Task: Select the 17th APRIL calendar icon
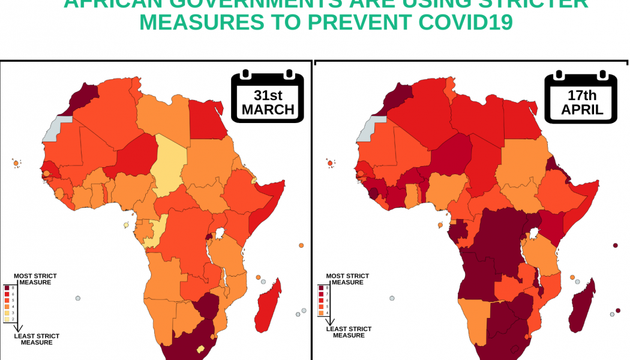click(581, 97)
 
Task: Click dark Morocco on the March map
click(80, 98)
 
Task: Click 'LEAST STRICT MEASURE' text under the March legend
click(37, 339)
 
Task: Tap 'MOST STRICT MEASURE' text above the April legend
click(347, 279)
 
